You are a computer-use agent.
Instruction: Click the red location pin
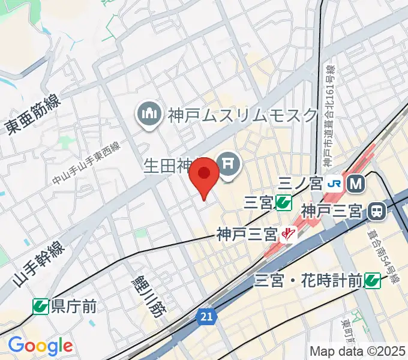click(204, 175)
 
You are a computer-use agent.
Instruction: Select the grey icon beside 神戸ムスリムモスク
click(148, 113)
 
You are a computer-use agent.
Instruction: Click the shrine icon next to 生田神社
click(229, 163)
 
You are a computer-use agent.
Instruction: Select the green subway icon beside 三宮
click(284, 203)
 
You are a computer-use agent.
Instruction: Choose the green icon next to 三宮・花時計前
click(373, 280)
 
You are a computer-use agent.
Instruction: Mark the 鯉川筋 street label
click(148, 295)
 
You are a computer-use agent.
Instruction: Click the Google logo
click(40, 346)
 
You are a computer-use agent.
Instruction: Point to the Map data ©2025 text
click(358, 351)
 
